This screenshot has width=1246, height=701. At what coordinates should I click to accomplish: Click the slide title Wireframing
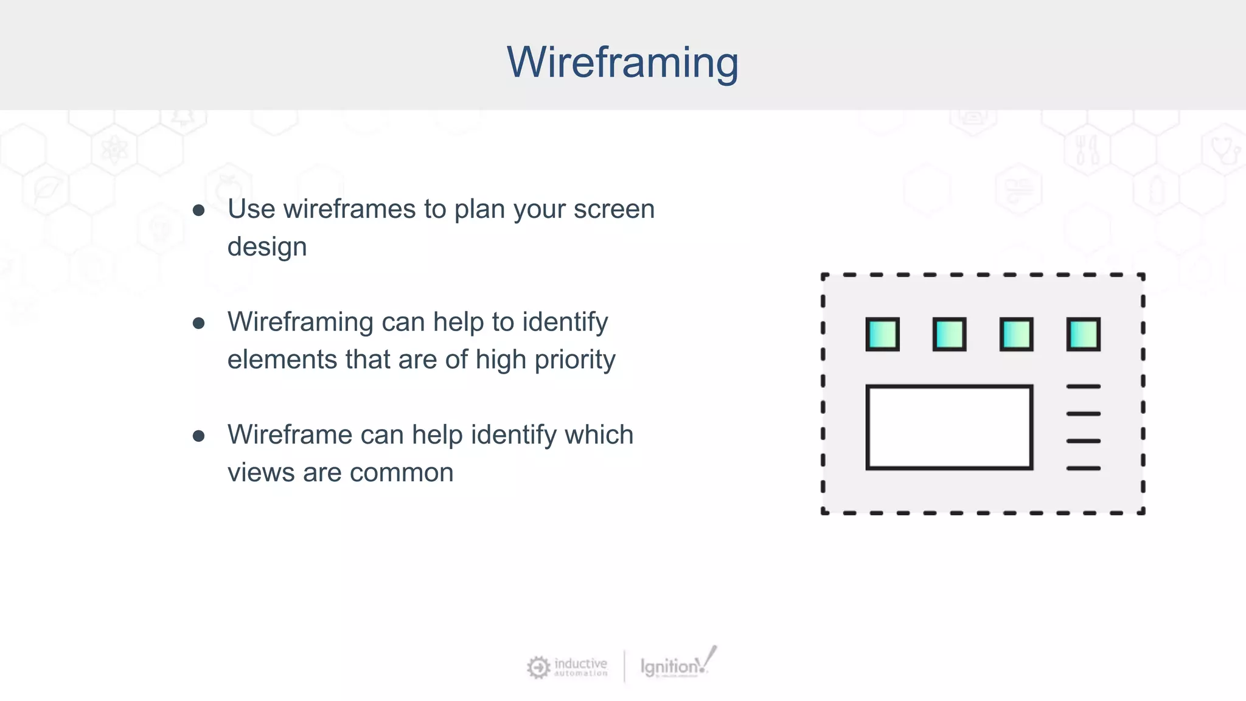(622, 62)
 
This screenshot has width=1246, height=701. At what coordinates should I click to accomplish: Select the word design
(267, 247)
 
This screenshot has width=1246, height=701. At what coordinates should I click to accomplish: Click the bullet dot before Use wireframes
(198, 211)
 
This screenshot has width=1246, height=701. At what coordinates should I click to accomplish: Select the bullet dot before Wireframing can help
(198, 323)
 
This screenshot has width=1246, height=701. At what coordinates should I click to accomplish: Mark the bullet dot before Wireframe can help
(198, 436)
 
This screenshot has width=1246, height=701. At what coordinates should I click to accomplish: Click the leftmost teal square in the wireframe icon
(882, 334)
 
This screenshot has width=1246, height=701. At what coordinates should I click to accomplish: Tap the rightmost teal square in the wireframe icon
(1083, 334)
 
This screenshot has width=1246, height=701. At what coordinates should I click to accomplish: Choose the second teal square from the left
(949, 334)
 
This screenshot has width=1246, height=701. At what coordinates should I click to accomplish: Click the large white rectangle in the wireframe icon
(949, 427)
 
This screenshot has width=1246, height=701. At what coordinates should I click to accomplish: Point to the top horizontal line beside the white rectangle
(1083, 386)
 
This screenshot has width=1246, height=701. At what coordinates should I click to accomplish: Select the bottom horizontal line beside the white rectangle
(1083, 468)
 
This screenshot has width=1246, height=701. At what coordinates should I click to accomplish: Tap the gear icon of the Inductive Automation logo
(538, 667)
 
